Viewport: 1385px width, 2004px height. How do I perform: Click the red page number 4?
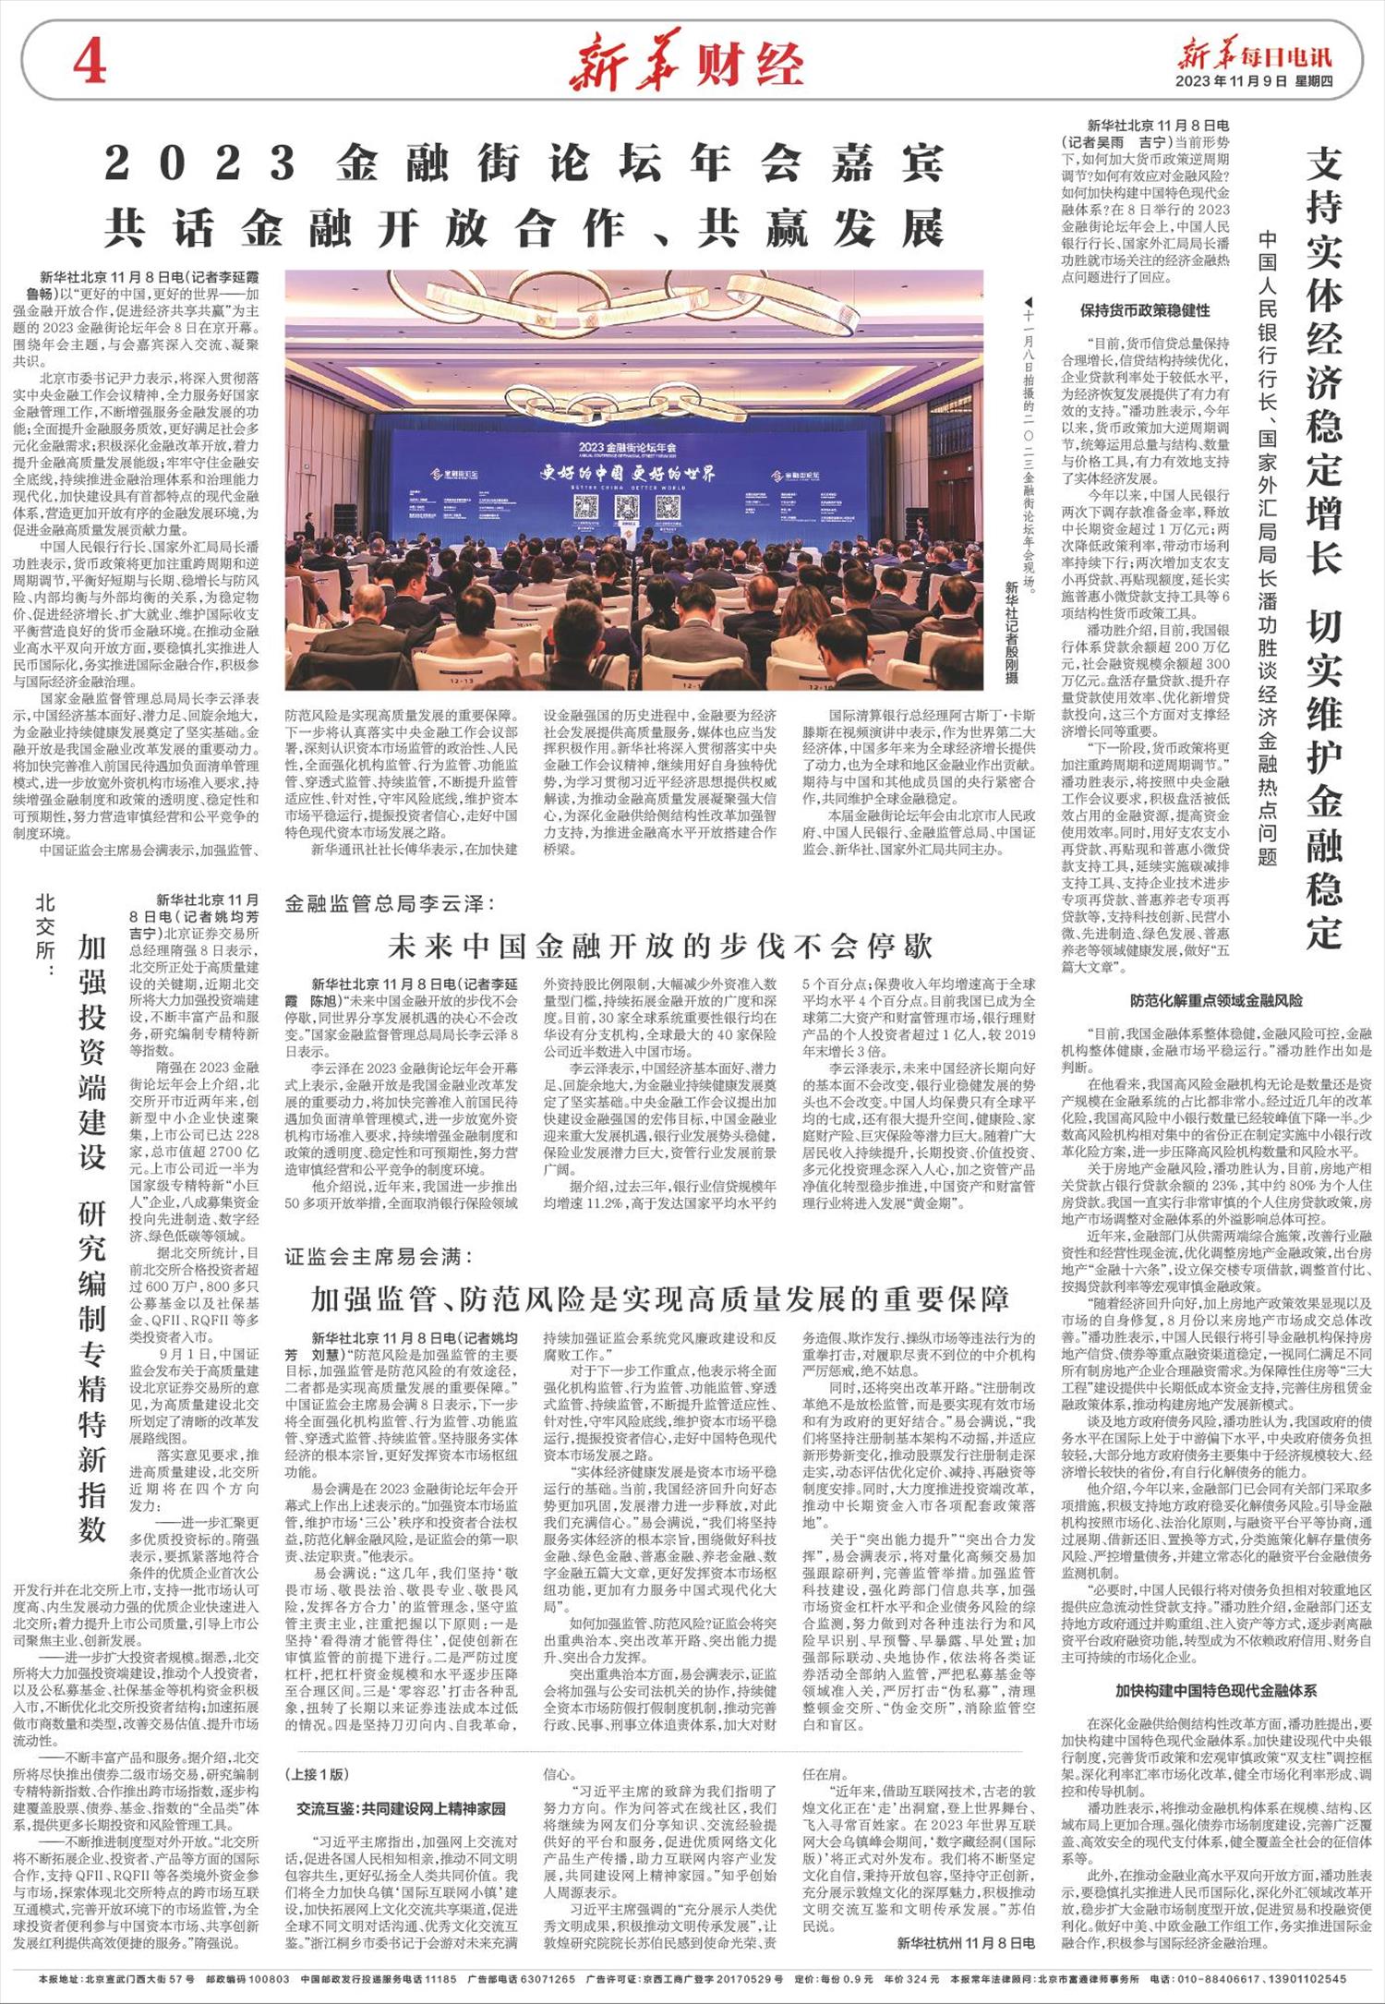pyautogui.click(x=90, y=63)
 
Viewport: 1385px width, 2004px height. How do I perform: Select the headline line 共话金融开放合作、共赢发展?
pyautogui.click(x=524, y=227)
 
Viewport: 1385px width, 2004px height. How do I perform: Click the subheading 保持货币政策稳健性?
pyautogui.click(x=1145, y=310)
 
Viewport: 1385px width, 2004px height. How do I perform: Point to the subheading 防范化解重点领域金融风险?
pyautogui.click(x=1216, y=1000)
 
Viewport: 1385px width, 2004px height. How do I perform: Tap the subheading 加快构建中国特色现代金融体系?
pyautogui.click(x=1216, y=1691)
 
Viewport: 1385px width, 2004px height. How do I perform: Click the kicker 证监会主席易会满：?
pyautogui.click(x=378, y=1257)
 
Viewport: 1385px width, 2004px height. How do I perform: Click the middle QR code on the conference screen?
pyautogui.click(x=628, y=507)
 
